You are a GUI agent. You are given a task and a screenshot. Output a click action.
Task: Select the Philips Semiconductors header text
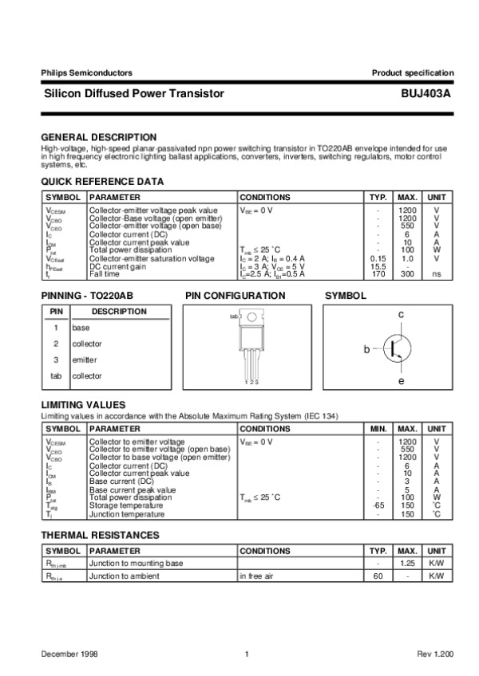point(77,73)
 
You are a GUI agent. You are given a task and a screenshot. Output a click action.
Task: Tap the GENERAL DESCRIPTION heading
point(98,137)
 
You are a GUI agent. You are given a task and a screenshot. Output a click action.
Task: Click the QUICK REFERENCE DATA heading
point(102,182)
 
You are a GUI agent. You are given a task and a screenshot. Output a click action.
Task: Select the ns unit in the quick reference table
point(437,273)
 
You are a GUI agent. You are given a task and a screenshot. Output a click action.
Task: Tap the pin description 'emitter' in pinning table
point(85,360)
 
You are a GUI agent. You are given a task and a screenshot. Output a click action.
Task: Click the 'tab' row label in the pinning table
point(56,375)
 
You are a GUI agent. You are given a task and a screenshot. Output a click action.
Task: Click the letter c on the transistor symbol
point(401,316)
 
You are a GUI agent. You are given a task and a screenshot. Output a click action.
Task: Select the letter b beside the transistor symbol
point(367,349)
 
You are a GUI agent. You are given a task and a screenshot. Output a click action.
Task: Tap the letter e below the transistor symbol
point(401,381)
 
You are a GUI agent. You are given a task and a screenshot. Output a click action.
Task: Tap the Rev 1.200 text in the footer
point(435,654)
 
